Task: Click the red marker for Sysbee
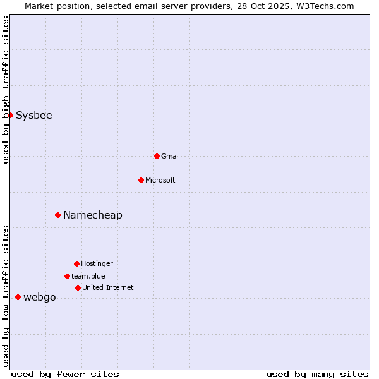[x=10, y=115]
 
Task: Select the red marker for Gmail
[x=157, y=156]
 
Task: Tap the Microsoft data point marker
[x=141, y=180]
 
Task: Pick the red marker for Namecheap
[x=57, y=215]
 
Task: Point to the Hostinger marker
[x=76, y=263]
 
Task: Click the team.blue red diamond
[x=67, y=276]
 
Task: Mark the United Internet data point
[x=78, y=287]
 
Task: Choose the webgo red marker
[x=18, y=297]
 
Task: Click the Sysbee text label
[x=34, y=116]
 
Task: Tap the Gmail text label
[x=171, y=156]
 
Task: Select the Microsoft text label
[x=160, y=180]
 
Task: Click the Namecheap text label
[x=93, y=215]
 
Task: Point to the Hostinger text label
[x=97, y=263]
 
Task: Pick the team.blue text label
[x=88, y=276]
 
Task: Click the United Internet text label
[x=108, y=287]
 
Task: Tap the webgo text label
[x=40, y=298]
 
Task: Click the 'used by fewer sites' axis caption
[x=65, y=374]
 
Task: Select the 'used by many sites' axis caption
[x=317, y=374]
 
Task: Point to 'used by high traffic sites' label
[x=6, y=90]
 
